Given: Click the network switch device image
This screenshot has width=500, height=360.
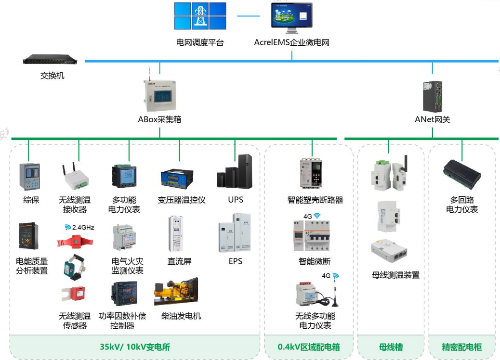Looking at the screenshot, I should [x=50, y=60].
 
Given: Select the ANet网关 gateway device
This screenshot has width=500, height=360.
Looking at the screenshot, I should [x=432, y=96].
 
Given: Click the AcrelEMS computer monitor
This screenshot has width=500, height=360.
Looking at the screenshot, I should [x=291, y=18].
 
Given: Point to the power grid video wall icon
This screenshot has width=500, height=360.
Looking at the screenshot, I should [x=200, y=16].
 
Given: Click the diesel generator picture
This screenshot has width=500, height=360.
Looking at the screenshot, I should [x=176, y=292].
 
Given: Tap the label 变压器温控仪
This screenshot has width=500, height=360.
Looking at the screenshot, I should [x=182, y=200].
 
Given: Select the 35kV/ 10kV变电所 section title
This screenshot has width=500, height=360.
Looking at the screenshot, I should [x=135, y=347].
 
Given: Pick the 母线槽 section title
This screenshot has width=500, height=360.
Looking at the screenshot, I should [x=391, y=347].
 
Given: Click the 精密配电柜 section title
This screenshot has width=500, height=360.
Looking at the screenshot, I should [x=461, y=347].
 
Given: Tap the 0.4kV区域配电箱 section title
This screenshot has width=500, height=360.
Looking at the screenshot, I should [x=309, y=347].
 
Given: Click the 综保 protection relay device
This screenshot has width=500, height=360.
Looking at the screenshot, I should [x=29, y=177].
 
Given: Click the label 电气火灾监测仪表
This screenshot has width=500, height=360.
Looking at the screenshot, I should [x=128, y=266].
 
